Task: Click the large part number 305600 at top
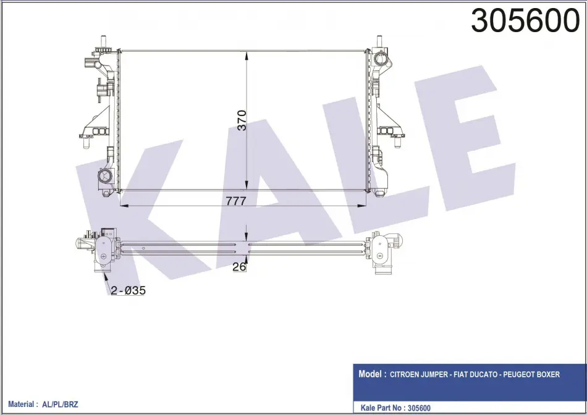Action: [x=525, y=21]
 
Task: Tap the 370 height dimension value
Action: [x=242, y=120]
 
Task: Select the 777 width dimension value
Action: [x=236, y=201]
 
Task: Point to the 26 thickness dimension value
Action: [x=239, y=266]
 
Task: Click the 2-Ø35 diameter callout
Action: [x=128, y=290]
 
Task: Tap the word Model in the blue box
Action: [x=370, y=374]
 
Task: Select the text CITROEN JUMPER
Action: [x=419, y=374]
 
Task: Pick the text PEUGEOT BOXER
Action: [x=531, y=374]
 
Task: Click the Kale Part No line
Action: [x=395, y=408]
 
